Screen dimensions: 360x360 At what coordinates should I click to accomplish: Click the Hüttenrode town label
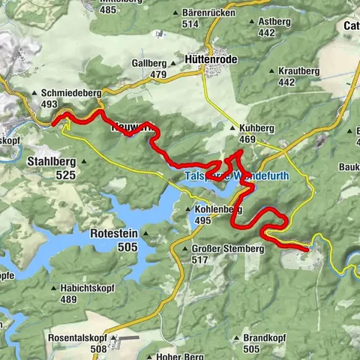212,57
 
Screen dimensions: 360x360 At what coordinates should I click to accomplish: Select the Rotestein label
112,233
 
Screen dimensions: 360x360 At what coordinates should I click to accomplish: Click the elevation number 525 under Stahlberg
65,175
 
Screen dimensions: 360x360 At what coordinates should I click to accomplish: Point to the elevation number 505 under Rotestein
127,247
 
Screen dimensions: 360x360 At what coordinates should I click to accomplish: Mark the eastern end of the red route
307,247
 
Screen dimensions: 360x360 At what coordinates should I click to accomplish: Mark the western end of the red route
53,121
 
